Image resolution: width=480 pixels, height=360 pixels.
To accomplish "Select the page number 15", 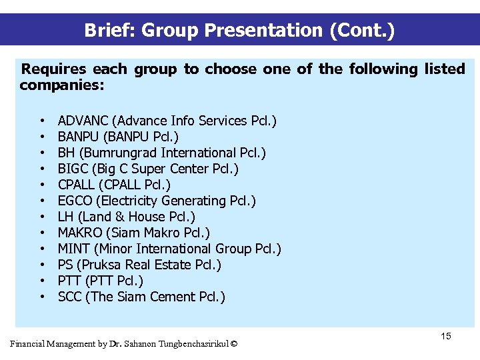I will pos(446,336).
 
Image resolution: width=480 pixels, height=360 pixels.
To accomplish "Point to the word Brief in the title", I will pos(109,31).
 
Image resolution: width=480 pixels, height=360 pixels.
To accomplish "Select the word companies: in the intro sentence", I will pos(62,85).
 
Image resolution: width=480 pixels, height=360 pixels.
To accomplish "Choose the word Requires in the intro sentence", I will pos(54,69).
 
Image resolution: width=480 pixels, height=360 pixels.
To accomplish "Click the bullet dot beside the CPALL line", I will pos(42,185).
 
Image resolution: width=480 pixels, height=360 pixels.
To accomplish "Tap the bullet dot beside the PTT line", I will pos(42,281).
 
